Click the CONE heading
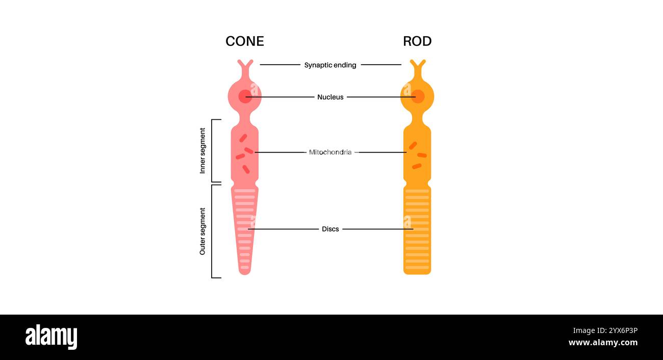(245, 41)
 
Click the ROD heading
(417, 41)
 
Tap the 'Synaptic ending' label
(330, 65)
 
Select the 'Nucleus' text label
(330, 97)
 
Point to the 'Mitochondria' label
(330, 152)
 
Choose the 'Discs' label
(330, 229)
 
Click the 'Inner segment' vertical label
(202, 151)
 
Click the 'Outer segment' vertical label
(202, 231)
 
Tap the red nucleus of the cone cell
(245, 96)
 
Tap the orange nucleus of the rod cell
(418, 96)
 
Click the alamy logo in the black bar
(51, 337)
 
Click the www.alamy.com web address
(602, 343)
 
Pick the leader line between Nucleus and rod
(380, 97)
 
